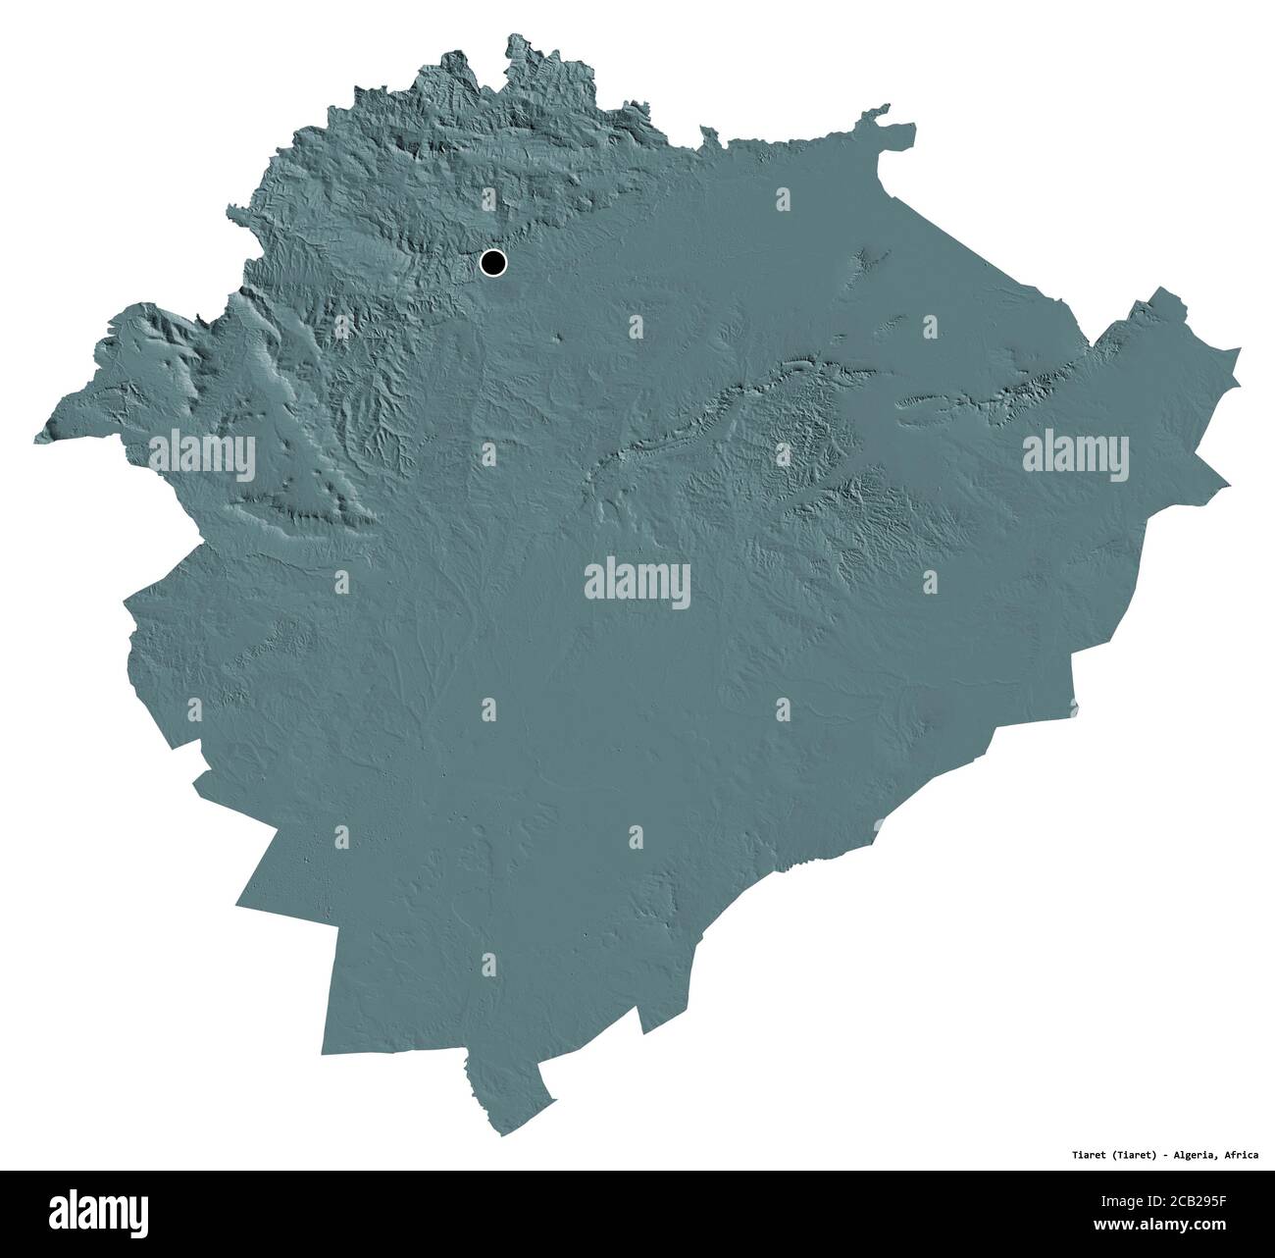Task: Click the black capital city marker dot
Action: pos(492,262)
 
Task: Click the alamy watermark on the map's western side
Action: pos(202,453)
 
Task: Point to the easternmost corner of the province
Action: pos(1240,348)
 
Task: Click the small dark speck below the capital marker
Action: pos(559,338)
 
